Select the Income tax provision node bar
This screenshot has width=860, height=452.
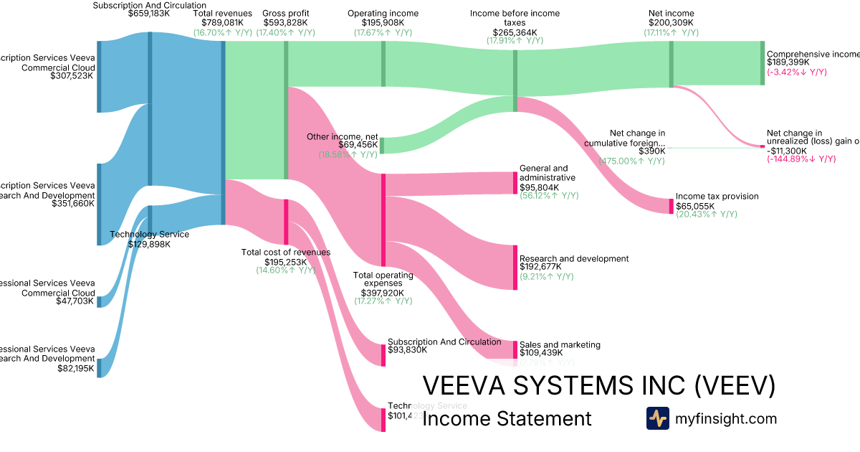click(672, 206)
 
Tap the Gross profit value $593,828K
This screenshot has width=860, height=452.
click(286, 23)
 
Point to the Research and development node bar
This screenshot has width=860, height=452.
click(515, 268)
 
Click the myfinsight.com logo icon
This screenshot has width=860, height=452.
click(657, 418)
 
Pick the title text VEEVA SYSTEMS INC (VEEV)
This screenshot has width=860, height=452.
click(599, 385)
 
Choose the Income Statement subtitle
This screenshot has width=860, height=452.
click(507, 419)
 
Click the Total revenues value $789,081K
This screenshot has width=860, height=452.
click(223, 23)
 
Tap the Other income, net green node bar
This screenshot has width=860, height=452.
click(381, 146)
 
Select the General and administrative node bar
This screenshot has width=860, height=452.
click(515, 183)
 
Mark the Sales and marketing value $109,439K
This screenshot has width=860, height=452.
click(541, 353)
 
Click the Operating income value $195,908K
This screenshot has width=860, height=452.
click(383, 23)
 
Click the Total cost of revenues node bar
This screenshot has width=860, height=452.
click(286, 222)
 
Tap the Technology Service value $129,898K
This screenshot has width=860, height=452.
click(149, 244)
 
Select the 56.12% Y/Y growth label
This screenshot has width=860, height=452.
click(549, 195)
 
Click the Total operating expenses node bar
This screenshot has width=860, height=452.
click(383, 220)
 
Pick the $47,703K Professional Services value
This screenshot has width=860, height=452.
click(75, 301)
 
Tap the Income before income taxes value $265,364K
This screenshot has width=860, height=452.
click(515, 32)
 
